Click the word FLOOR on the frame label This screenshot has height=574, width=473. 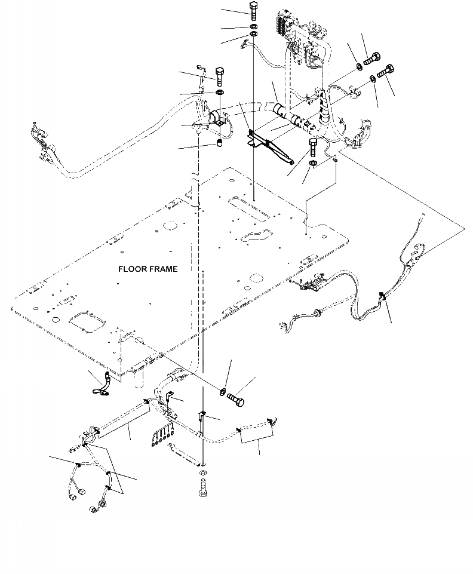[x=131, y=269]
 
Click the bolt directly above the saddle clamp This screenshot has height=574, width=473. [x=219, y=76]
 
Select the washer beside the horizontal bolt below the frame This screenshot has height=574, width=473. [x=223, y=391]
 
